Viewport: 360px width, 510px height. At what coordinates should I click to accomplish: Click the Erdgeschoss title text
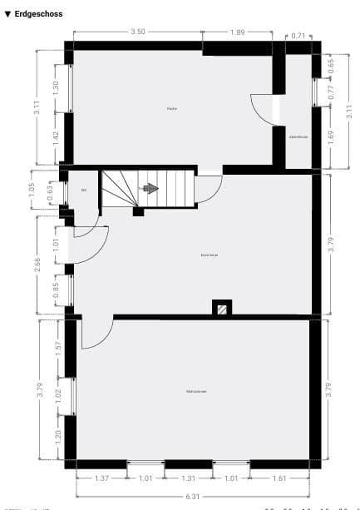[38, 14]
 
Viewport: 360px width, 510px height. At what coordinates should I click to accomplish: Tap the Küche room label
[171, 109]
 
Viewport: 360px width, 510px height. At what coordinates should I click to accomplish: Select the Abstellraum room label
[298, 136]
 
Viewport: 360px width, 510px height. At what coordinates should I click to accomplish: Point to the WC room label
[84, 191]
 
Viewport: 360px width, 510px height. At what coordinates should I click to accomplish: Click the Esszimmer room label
[210, 255]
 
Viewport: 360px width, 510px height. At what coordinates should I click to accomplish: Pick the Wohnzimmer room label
[196, 390]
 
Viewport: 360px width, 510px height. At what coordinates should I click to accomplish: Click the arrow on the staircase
[150, 189]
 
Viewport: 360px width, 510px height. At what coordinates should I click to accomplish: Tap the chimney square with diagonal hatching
[222, 308]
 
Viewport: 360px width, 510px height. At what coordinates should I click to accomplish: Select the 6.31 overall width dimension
[193, 496]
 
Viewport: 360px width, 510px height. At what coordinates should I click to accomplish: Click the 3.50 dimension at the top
[138, 32]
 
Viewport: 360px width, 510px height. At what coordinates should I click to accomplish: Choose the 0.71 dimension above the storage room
[299, 36]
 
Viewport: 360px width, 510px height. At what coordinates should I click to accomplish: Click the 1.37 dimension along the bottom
[101, 478]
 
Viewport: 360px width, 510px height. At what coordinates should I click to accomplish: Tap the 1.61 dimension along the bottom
[278, 478]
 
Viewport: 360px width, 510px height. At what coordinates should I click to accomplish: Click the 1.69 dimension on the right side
[331, 136]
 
